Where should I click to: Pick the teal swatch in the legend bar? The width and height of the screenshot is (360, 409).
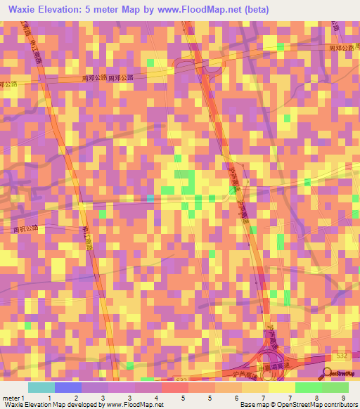click(41, 387)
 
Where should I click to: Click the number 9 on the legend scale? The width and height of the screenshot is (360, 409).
click(342, 398)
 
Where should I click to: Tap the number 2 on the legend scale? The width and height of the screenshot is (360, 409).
click(76, 398)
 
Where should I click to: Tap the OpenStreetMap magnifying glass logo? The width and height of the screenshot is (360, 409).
click(328, 373)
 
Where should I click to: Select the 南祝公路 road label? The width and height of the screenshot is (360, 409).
click(24, 228)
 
